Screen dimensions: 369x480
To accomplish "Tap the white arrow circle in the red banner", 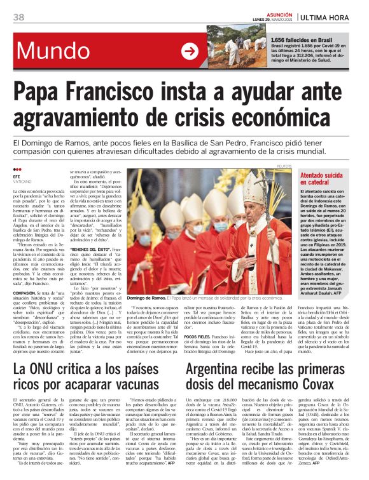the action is point(190,51).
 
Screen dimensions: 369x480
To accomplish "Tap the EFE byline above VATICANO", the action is point(17,177).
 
